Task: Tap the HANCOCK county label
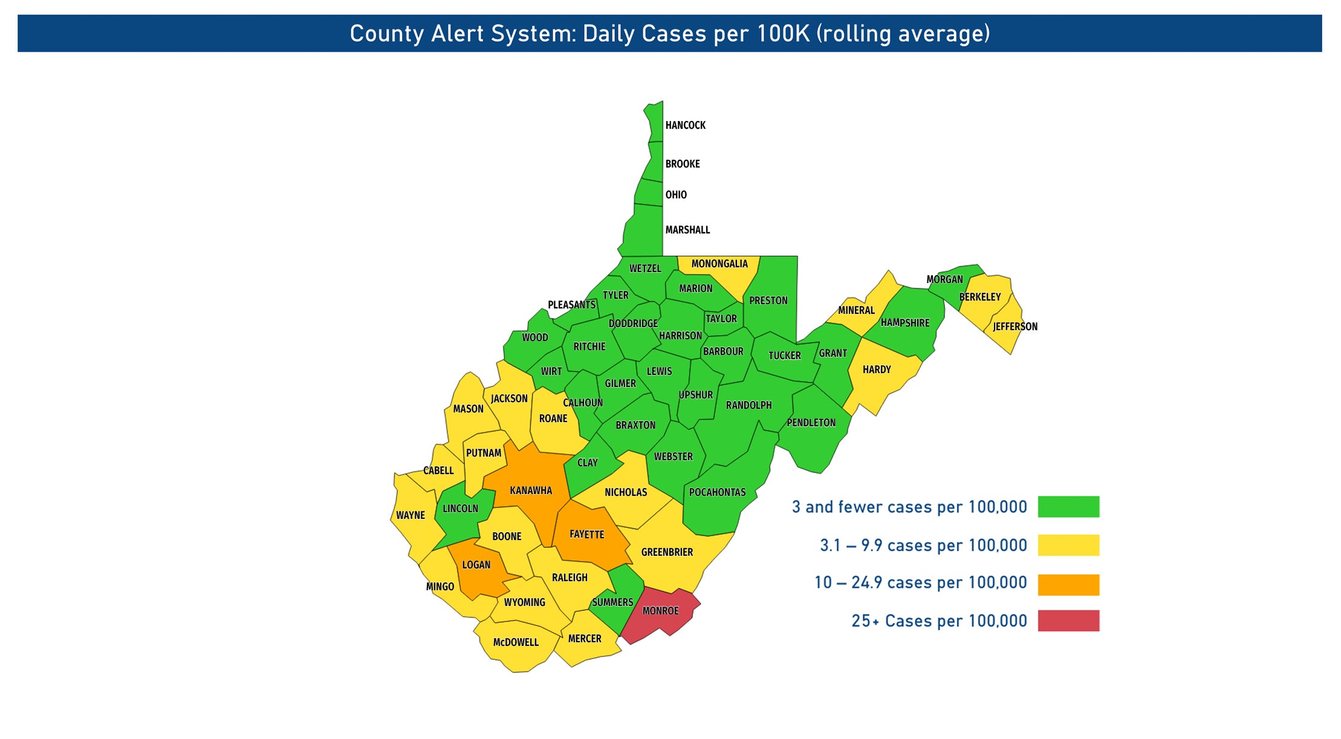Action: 685,125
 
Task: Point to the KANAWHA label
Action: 530,490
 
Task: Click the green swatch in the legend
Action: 1068,507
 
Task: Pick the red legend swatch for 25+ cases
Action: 1068,620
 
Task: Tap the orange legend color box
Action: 1068,584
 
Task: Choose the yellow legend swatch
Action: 1068,545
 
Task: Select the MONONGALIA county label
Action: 719,264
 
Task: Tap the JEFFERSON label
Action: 1015,327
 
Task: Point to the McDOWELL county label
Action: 516,642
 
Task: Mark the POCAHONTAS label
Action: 717,492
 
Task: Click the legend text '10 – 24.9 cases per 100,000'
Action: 920,583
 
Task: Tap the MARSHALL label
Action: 687,230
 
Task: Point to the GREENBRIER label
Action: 667,552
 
